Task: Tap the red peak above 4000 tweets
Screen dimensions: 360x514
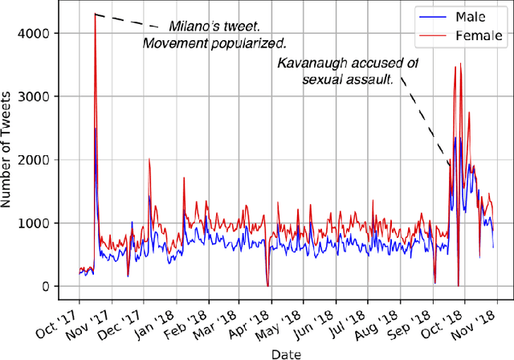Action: point(95,14)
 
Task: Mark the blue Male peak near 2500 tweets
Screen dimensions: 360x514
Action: point(96,129)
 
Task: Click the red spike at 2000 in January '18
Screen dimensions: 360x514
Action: point(149,159)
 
